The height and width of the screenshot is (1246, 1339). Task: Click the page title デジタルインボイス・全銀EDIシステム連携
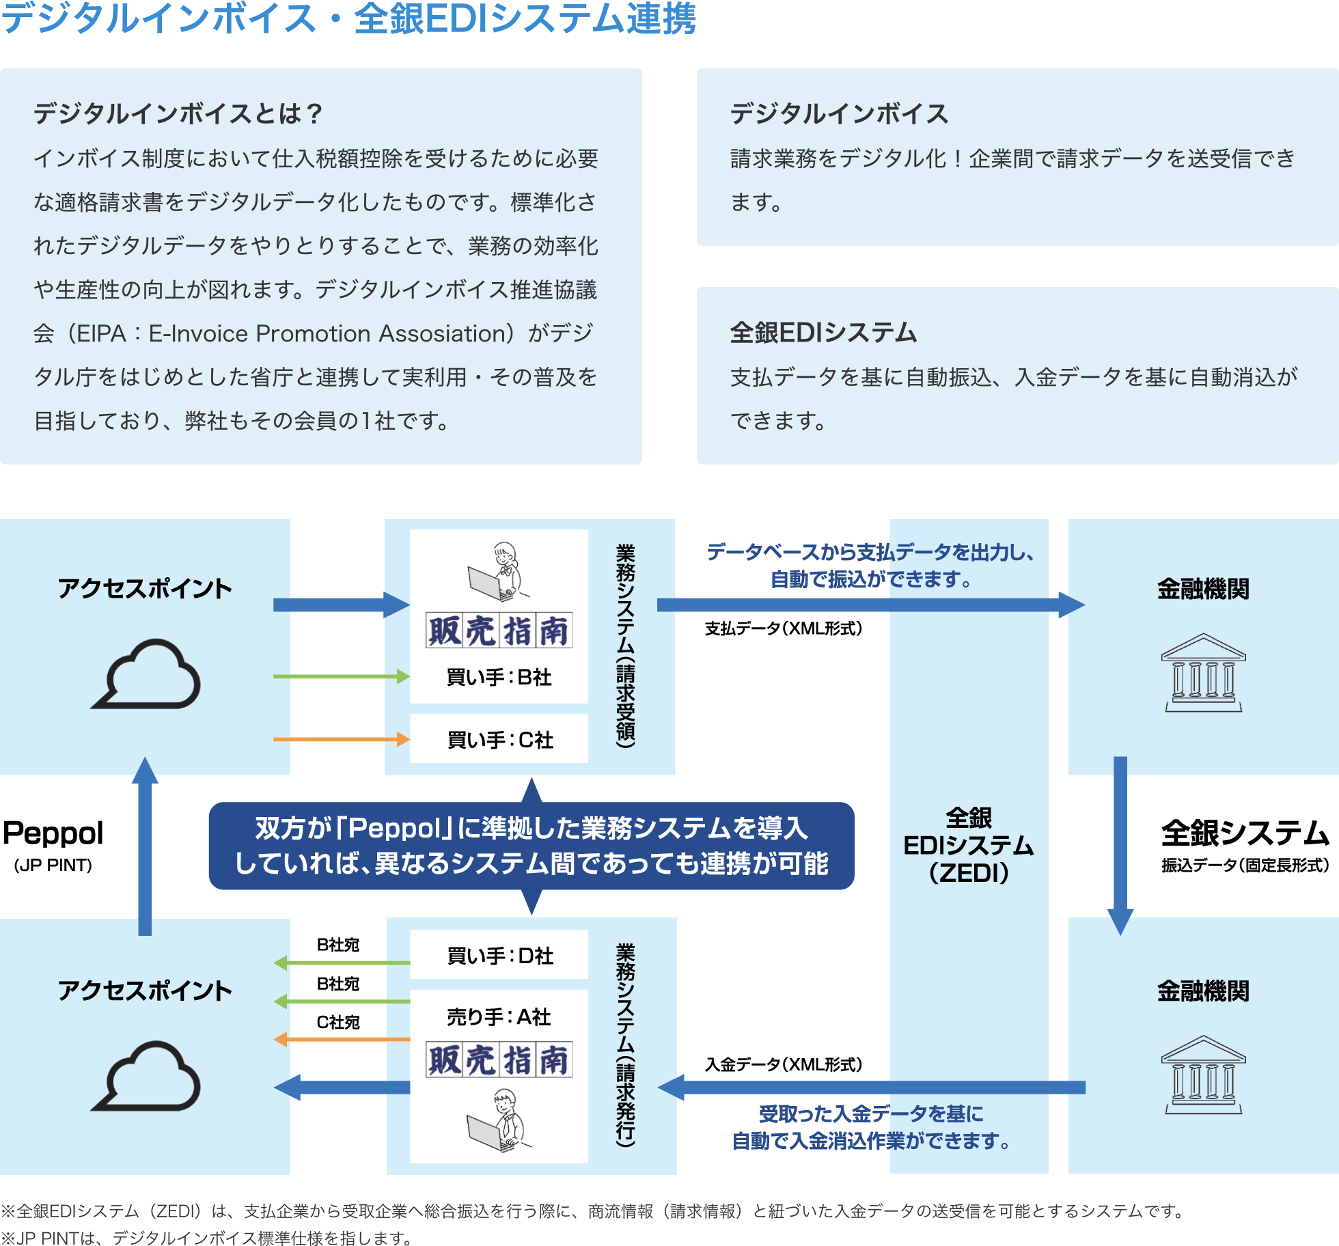[348, 18]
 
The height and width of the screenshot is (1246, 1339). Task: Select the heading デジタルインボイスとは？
[178, 113]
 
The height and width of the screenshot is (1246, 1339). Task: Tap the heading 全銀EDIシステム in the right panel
[823, 333]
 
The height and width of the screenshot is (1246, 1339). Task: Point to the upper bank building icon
[1203, 673]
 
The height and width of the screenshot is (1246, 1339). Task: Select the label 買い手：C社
[499, 740]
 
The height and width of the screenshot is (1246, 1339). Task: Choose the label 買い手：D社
[499, 956]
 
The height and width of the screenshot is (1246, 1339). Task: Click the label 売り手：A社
[499, 1017]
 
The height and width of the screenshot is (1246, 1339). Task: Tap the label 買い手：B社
[499, 677]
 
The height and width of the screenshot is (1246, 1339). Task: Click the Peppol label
[53, 834]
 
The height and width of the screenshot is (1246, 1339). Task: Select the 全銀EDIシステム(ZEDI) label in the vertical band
[968, 846]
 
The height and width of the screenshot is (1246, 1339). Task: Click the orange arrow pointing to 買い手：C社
[341, 739]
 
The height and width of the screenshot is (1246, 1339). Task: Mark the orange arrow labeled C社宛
[341, 1039]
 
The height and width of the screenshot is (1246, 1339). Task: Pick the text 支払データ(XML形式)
[784, 628]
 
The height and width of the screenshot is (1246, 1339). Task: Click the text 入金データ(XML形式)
[784, 1064]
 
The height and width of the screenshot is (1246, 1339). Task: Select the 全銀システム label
[1245, 833]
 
